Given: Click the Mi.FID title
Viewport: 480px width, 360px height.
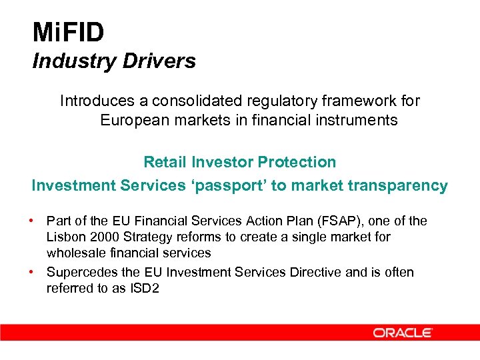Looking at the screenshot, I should pyautogui.click(x=68, y=32).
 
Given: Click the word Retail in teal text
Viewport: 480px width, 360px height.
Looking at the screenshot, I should pyautogui.click(x=165, y=162).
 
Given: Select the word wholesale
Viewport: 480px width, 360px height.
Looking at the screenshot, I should pyautogui.click(x=72, y=253).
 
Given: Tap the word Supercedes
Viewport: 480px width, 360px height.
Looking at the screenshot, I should pyautogui.click(x=80, y=272).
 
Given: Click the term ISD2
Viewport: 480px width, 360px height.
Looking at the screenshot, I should pyautogui.click(x=146, y=288).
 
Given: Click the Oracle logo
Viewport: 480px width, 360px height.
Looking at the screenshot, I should pyautogui.click(x=403, y=332).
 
